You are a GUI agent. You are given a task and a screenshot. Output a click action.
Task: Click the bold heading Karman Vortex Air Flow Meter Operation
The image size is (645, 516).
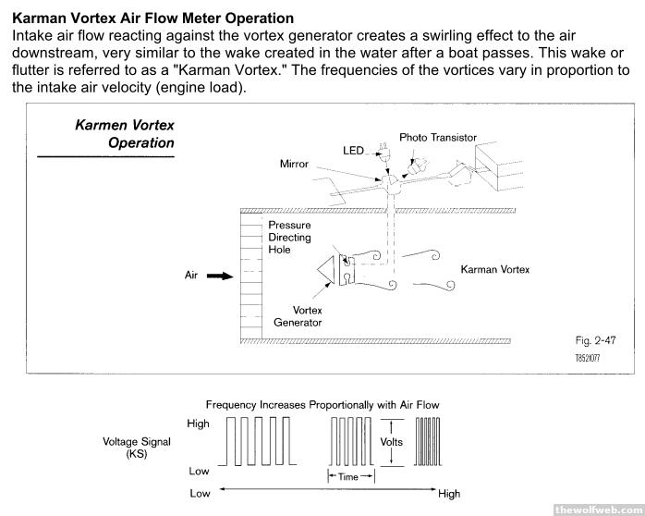tap(153, 18)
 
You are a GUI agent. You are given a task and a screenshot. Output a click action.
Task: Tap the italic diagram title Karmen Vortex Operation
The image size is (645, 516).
tap(124, 134)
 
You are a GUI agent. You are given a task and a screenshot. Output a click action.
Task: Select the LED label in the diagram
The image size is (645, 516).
tap(353, 150)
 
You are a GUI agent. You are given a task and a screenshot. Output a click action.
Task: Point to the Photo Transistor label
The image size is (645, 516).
tap(437, 137)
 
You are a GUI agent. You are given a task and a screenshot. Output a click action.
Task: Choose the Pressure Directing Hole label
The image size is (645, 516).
tap(289, 238)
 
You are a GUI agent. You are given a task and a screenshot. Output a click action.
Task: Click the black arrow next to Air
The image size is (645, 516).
tap(218, 275)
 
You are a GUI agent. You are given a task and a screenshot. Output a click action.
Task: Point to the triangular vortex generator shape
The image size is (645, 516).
tap(325, 269)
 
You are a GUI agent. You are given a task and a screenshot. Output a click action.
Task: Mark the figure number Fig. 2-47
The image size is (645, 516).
tap(594, 340)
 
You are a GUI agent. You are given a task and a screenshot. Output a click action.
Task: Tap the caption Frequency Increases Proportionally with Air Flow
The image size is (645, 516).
tap(322, 404)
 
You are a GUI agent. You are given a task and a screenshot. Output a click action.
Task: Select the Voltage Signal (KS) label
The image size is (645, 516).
tap(137, 448)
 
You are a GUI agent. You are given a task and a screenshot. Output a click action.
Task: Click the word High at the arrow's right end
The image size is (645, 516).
tap(449, 493)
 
